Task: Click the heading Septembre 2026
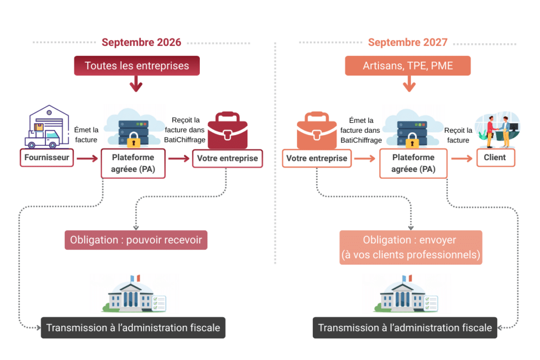(x=141, y=43)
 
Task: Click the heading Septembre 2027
(x=408, y=43)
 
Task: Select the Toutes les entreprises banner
(x=137, y=66)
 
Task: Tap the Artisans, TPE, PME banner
(x=408, y=66)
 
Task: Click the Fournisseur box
(x=46, y=158)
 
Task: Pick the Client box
(x=495, y=158)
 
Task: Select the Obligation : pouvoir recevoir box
(x=136, y=240)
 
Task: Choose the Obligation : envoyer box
(x=410, y=247)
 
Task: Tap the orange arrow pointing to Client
(x=461, y=158)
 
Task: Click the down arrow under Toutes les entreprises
(x=137, y=84)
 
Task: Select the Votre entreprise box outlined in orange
(x=316, y=158)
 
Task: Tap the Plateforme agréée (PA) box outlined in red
(x=133, y=163)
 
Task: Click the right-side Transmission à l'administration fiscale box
(x=405, y=327)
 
